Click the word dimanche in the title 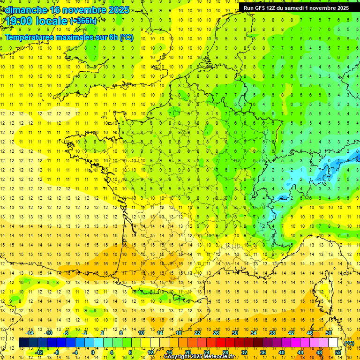(24, 9)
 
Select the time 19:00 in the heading (19, 21)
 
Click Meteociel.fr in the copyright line (222, 357)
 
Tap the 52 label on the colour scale (337, 352)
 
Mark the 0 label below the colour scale (93, 352)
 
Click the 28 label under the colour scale (225, 352)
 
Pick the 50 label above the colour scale (328, 333)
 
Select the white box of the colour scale (333, 343)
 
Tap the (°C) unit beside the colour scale (349, 343)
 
